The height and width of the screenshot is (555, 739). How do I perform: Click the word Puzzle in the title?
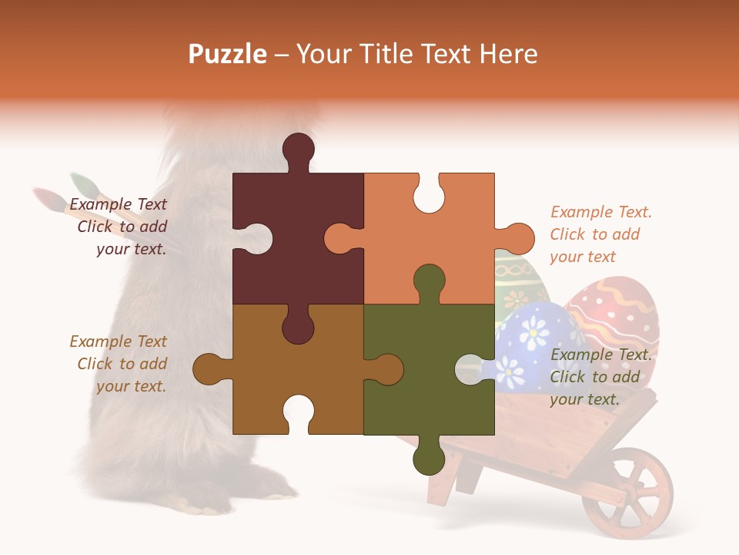(x=228, y=54)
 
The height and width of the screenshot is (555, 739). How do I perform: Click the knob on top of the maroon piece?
(x=299, y=148)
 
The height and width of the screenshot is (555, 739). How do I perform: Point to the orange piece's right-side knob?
(x=519, y=238)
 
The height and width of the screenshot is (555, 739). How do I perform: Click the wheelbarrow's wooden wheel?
(x=627, y=493)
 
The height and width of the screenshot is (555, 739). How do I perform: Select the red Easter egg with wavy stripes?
(x=616, y=308)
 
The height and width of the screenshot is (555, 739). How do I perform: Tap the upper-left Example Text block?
(x=119, y=227)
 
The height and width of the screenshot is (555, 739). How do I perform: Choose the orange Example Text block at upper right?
(x=600, y=234)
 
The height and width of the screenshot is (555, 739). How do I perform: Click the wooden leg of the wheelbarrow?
(x=443, y=478)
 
